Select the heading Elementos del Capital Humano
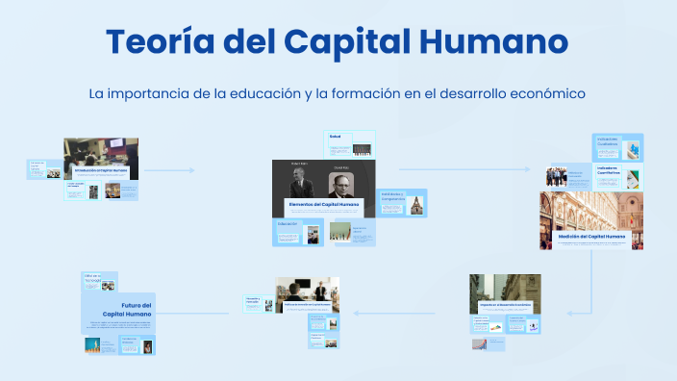(x=323, y=205)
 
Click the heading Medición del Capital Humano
(x=590, y=236)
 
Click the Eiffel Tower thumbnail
(x=93, y=343)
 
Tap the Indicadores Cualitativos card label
(x=608, y=140)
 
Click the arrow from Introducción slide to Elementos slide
(x=170, y=170)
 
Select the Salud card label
(x=336, y=136)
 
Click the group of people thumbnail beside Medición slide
(x=557, y=177)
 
